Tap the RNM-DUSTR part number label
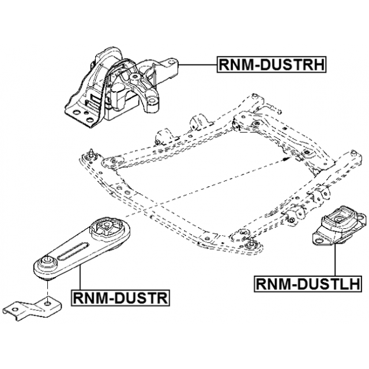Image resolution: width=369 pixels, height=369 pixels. click(x=119, y=298)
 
